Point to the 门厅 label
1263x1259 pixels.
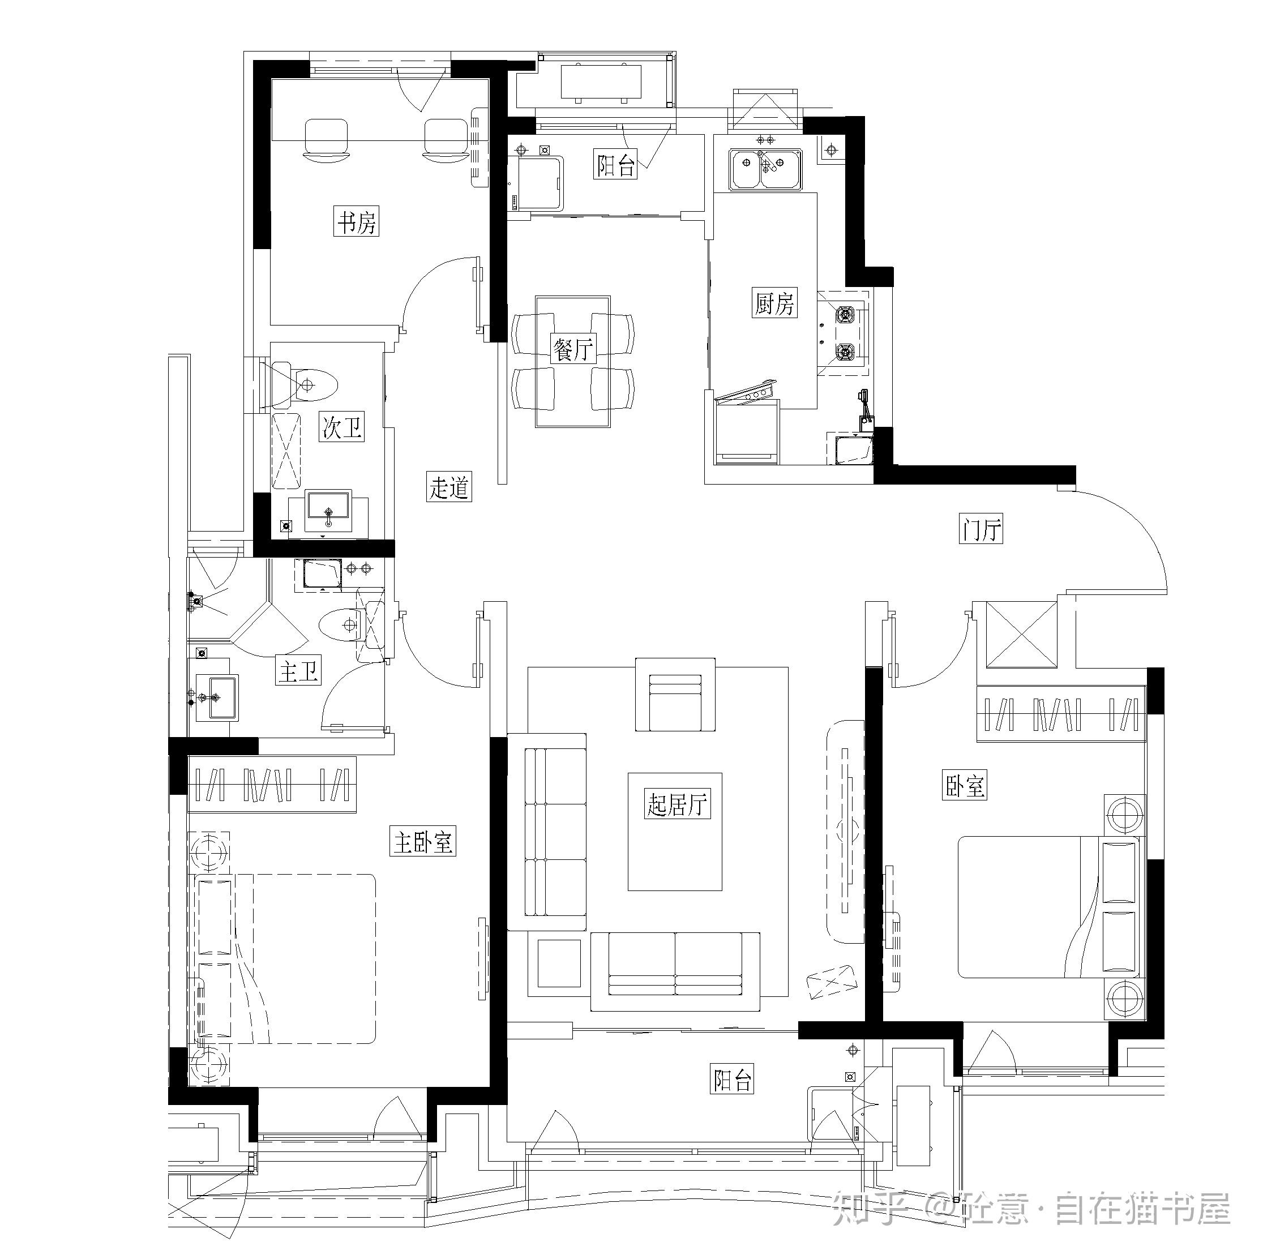pyautogui.click(x=981, y=529)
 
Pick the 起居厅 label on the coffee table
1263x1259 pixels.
pyautogui.click(x=676, y=803)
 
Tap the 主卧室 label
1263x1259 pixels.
pyautogui.click(x=422, y=842)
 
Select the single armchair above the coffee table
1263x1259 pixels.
pyautogui.click(x=675, y=695)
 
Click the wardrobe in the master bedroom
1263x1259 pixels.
pyautogui.click(x=272, y=784)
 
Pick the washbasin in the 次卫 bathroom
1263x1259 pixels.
pyautogui.click(x=329, y=511)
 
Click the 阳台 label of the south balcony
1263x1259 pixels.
pyautogui.click(x=732, y=1079)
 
